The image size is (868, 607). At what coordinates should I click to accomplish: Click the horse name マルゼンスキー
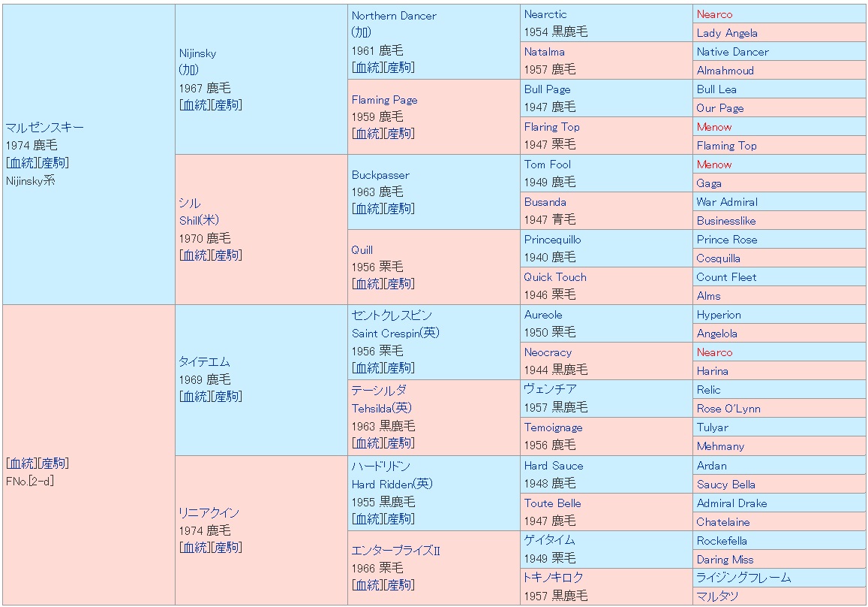pyautogui.click(x=44, y=127)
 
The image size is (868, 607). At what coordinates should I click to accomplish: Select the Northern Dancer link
pyautogui.click(x=393, y=16)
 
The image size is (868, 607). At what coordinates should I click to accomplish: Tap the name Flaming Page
pyautogui.click(x=384, y=100)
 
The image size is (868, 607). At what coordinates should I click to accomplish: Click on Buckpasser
pyautogui.click(x=380, y=175)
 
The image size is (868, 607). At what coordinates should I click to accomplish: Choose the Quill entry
pyautogui.click(x=362, y=250)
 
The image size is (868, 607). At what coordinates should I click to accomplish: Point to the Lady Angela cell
pyautogui.click(x=726, y=33)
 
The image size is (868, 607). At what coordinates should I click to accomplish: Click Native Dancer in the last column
pyautogui.click(x=732, y=52)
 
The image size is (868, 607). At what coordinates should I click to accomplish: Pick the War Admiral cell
pyautogui.click(x=726, y=202)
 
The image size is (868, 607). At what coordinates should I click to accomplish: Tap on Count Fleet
pyautogui.click(x=726, y=277)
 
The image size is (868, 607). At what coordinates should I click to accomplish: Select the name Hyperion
pyautogui.click(x=718, y=315)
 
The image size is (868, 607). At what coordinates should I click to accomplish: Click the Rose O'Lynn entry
pyautogui.click(x=728, y=409)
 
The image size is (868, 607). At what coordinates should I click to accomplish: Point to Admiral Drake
pyautogui.click(x=731, y=503)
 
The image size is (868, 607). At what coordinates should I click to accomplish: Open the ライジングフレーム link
pyautogui.click(x=743, y=578)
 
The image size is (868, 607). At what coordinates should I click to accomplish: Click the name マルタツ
pyautogui.click(x=717, y=596)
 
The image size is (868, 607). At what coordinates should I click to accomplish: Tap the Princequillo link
pyautogui.click(x=552, y=240)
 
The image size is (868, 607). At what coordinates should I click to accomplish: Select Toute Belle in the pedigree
pyautogui.click(x=552, y=503)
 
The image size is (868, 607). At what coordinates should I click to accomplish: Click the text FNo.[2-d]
pyautogui.click(x=29, y=482)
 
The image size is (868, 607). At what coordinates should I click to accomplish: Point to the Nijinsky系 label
pyautogui.click(x=30, y=181)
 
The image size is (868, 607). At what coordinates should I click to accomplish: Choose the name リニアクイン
pyautogui.click(x=209, y=512)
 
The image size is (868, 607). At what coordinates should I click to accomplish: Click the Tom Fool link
pyautogui.click(x=547, y=165)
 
